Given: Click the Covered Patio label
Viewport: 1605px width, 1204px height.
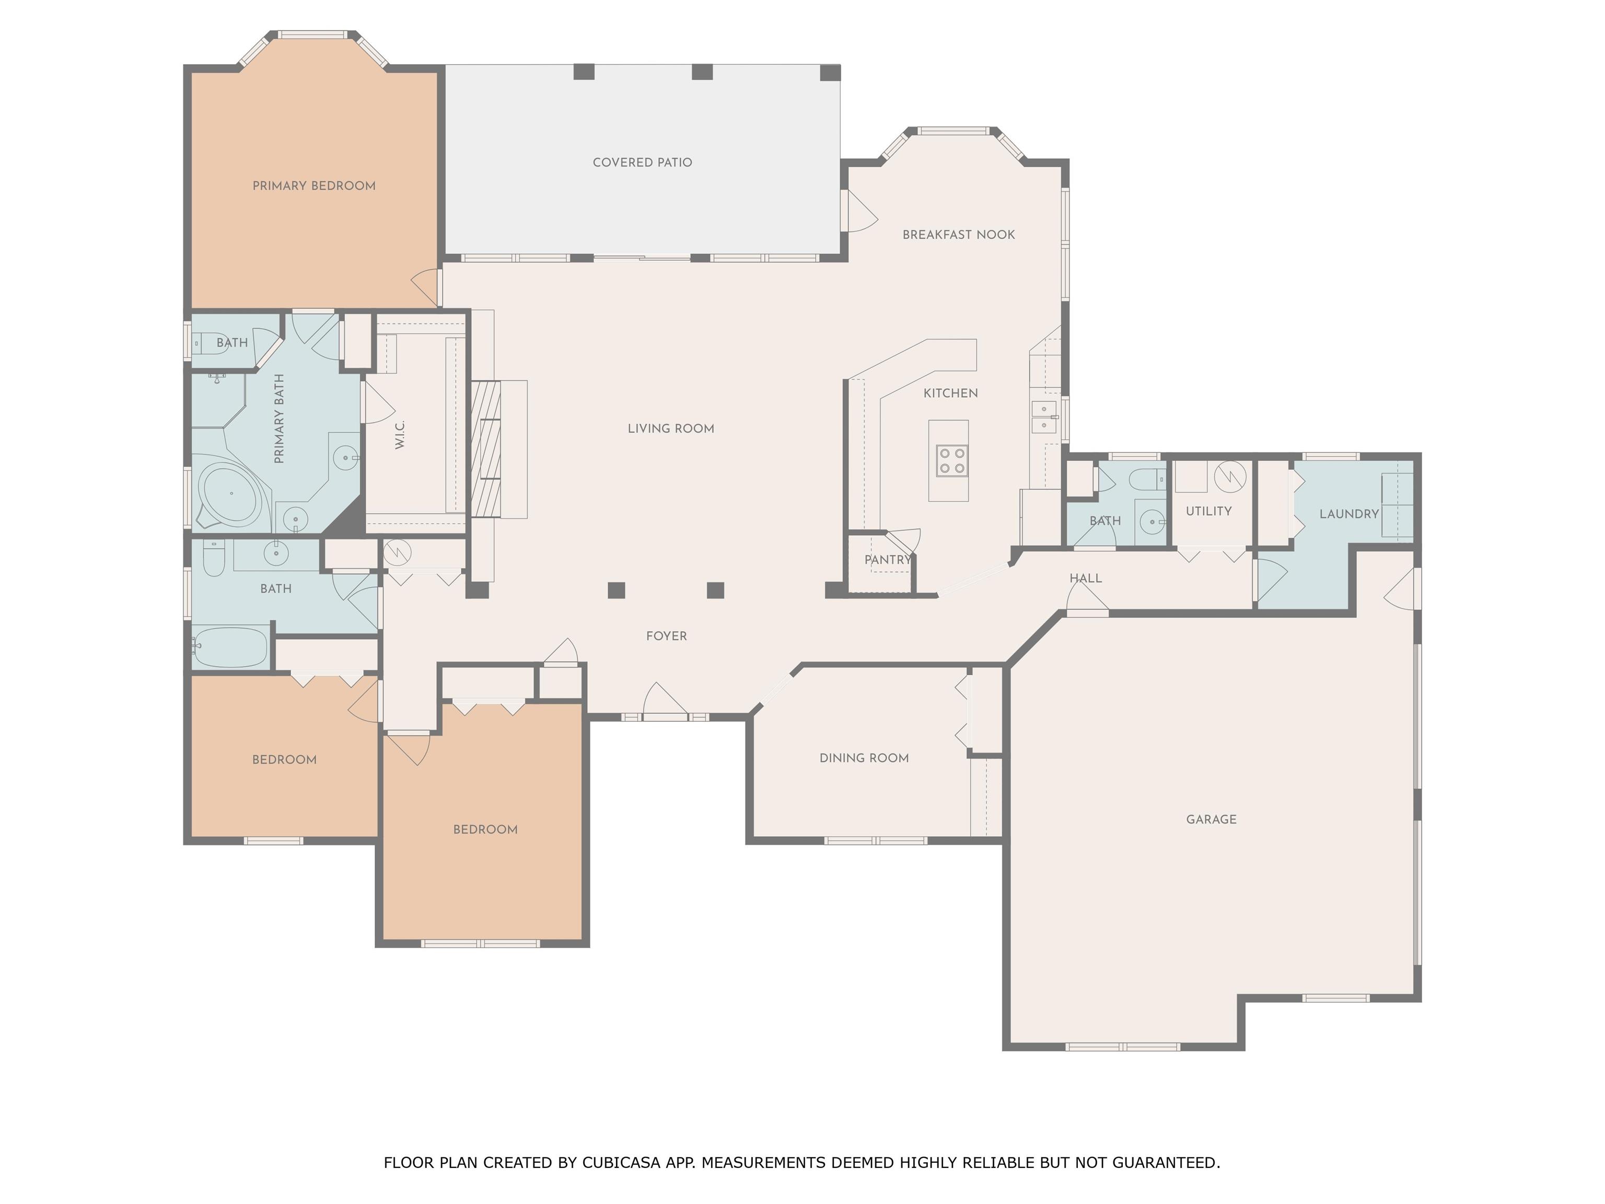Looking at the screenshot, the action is tap(642, 163).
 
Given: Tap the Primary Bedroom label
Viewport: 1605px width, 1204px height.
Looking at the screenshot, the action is tap(314, 186).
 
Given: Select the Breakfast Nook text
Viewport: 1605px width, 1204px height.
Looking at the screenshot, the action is tap(959, 235).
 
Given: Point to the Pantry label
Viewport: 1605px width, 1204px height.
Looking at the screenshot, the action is tap(887, 560).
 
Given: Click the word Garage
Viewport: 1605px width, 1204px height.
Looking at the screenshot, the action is tap(1211, 819).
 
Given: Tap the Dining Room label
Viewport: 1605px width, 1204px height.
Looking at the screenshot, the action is tap(864, 758).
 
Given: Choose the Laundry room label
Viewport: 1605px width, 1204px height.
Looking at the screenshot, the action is tap(1349, 514).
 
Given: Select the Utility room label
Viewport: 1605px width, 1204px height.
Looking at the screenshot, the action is tap(1209, 511).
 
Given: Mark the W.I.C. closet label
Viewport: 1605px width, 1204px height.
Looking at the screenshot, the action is tap(400, 435).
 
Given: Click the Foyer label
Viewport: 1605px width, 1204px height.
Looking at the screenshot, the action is tap(666, 636).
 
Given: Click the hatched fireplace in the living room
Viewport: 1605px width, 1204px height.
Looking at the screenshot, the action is tap(486, 448).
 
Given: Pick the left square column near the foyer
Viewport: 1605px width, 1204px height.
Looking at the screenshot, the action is tap(616, 590).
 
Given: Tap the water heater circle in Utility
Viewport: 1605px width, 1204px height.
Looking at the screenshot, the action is tap(1230, 477).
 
